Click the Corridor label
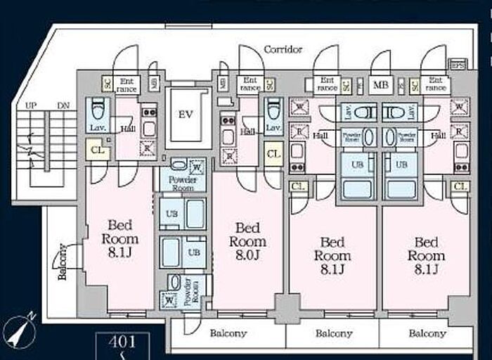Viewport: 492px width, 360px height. (x=283, y=49)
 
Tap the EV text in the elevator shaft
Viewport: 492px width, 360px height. (x=185, y=114)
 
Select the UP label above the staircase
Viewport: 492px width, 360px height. (x=31, y=105)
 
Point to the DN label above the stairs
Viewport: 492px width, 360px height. (x=63, y=105)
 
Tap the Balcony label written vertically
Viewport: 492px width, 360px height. (x=62, y=262)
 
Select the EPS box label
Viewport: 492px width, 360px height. (x=457, y=65)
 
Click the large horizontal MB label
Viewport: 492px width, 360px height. (x=380, y=86)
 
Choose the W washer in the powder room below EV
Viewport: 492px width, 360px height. (x=197, y=167)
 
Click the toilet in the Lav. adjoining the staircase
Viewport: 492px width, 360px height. (x=98, y=110)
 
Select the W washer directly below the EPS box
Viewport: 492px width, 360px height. (x=459, y=108)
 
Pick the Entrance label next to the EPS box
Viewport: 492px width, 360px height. (x=435, y=84)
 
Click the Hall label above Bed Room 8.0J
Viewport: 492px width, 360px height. (x=247, y=131)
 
